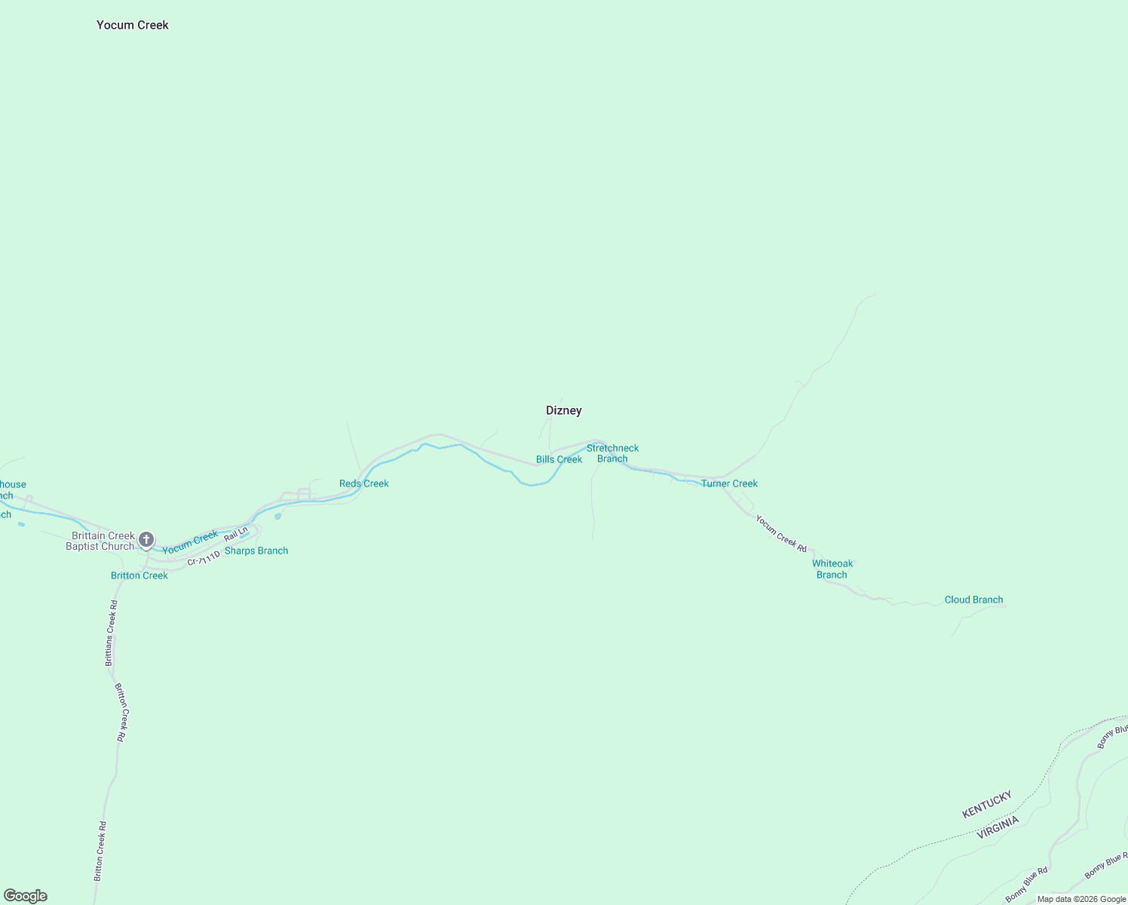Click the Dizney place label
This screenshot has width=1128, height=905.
564,410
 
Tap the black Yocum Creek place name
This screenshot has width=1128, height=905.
133,25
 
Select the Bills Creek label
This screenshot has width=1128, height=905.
559,459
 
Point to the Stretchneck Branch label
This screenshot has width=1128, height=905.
612,453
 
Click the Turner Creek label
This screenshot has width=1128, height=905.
729,483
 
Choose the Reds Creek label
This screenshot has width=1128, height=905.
363,483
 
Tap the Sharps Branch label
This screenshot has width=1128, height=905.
256,551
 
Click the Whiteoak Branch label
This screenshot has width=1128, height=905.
832,569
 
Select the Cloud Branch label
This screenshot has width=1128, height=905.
973,600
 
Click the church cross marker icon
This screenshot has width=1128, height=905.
146,539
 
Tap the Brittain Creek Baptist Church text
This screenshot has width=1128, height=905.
100,541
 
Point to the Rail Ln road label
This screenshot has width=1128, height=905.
236,534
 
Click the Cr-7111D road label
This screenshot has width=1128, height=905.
204,559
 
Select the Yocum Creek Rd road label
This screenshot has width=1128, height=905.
781,533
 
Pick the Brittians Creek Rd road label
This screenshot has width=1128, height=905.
111,633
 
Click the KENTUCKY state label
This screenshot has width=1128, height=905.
986,804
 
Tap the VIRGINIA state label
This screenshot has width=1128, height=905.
998,827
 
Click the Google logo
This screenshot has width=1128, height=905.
26,896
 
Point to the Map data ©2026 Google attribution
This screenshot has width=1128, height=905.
1081,899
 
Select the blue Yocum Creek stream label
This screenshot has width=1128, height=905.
190,542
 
